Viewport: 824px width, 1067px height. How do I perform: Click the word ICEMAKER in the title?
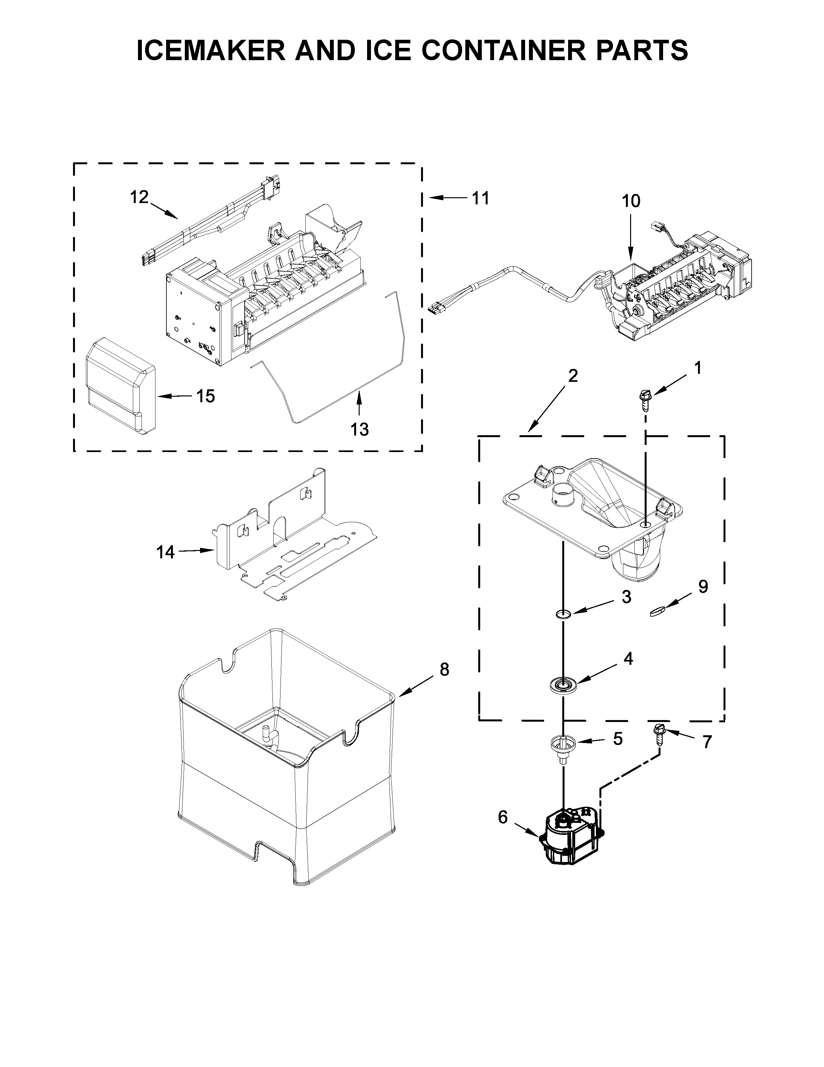click(211, 50)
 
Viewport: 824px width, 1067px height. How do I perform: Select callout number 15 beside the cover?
click(206, 396)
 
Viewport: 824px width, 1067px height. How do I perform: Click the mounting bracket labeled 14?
click(293, 537)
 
